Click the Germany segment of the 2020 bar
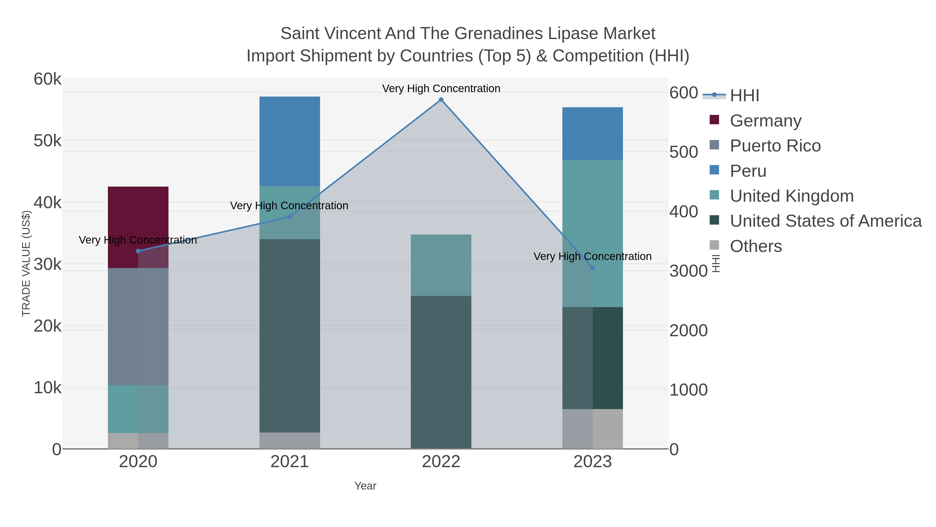[138, 218]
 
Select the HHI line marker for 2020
[138, 251]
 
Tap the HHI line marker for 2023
[593, 268]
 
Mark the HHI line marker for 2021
[290, 217]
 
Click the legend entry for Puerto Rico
[775, 146]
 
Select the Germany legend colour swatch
[714, 120]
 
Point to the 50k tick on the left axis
[47, 141]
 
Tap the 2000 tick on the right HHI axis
[688, 331]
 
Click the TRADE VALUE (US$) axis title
[26, 263]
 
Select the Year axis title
[365, 486]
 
